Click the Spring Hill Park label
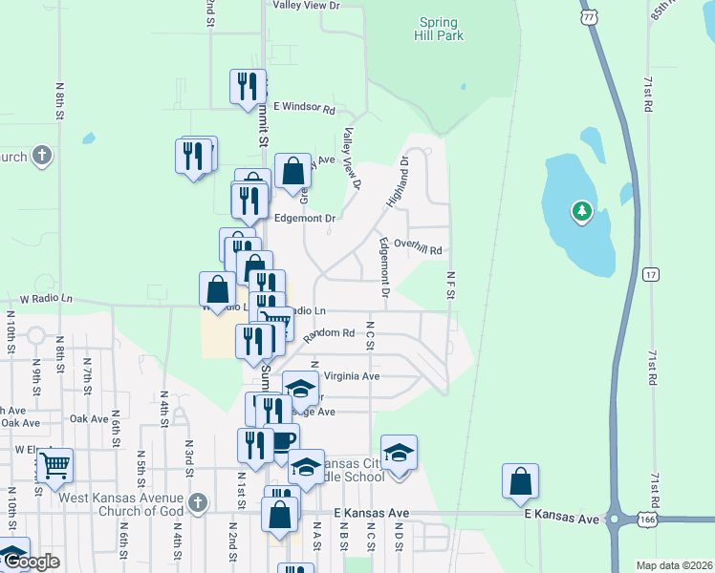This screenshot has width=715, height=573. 441,29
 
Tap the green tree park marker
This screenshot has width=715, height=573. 581,211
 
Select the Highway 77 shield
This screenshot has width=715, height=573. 589,16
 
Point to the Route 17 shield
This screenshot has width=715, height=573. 651,274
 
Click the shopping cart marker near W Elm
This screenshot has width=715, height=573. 55,466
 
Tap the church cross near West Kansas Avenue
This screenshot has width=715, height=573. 197,502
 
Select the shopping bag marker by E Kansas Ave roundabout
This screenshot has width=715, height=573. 520,481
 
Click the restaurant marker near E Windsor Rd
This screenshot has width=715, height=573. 249,86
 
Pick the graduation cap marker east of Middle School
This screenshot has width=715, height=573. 399,453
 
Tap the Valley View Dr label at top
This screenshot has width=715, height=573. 306,6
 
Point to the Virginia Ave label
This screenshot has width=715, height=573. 352,376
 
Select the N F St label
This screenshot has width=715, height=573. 449,285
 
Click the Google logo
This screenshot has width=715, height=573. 31,562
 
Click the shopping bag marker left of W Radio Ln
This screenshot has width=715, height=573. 218,290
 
